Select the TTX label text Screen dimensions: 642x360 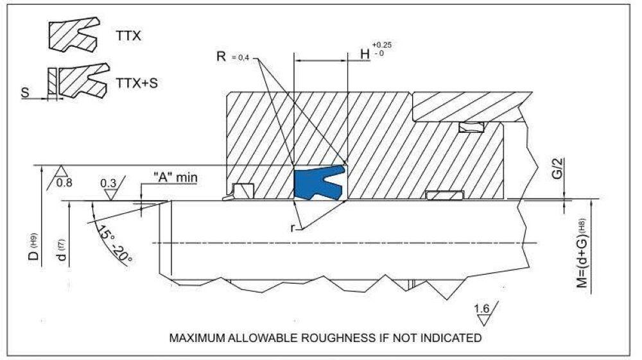128,36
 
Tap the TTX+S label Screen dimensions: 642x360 137,83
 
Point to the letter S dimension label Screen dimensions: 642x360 26,92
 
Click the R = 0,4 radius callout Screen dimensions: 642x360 232,57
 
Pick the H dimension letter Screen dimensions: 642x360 365,55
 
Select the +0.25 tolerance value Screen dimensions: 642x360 381,45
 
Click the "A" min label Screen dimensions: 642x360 175,178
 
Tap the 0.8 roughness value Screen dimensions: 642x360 64,182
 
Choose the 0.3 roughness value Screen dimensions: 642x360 108,183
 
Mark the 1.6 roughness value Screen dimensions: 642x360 482,308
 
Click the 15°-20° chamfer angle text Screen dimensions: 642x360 115,244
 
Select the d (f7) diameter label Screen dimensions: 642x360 62,250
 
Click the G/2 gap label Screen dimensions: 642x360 560,168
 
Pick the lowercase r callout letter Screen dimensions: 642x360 292,228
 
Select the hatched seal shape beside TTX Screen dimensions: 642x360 74,35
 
